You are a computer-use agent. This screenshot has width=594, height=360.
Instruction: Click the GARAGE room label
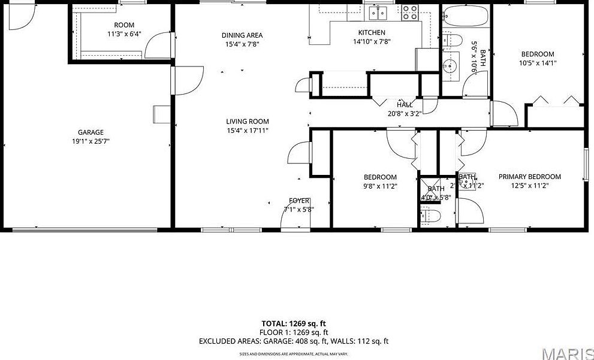(x=90, y=132)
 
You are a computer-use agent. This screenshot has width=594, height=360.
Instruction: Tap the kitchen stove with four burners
(x=410, y=11)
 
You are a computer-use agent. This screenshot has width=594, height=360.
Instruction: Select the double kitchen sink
(x=379, y=12)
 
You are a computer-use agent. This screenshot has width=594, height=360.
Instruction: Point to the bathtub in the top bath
(x=466, y=16)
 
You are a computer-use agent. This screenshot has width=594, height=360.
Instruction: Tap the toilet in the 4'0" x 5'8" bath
(x=431, y=215)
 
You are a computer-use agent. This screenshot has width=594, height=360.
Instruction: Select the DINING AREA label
(x=242, y=35)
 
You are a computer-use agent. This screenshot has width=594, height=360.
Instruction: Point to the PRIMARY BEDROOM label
(x=529, y=177)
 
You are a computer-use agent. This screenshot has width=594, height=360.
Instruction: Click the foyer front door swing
(x=291, y=220)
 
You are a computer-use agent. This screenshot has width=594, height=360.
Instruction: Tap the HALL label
(x=404, y=105)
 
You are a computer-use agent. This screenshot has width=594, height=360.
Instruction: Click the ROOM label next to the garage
(x=124, y=25)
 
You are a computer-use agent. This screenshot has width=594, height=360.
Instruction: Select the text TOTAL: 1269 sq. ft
(x=294, y=323)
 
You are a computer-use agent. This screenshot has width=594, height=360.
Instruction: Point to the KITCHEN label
(x=372, y=32)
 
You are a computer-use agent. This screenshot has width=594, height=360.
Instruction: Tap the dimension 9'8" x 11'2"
(x=380, y=186)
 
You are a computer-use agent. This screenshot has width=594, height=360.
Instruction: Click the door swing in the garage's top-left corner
(x=20, y=18)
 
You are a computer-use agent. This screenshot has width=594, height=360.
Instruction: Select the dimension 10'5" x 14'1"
(x=537, y=63)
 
